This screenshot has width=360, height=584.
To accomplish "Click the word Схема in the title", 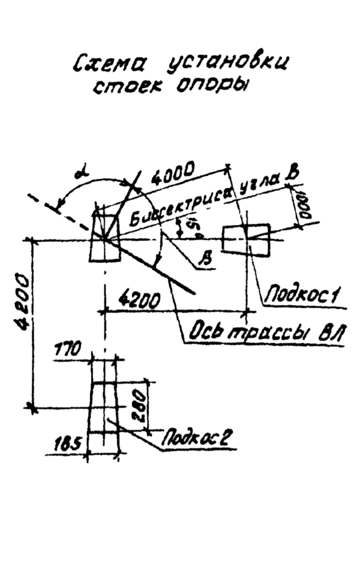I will pos(109,62).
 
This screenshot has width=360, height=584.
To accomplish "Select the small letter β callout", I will pos(207,258).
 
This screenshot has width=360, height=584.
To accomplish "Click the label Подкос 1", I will pos(304,294).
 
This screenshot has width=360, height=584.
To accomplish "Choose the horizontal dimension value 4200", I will pos(140,298).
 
